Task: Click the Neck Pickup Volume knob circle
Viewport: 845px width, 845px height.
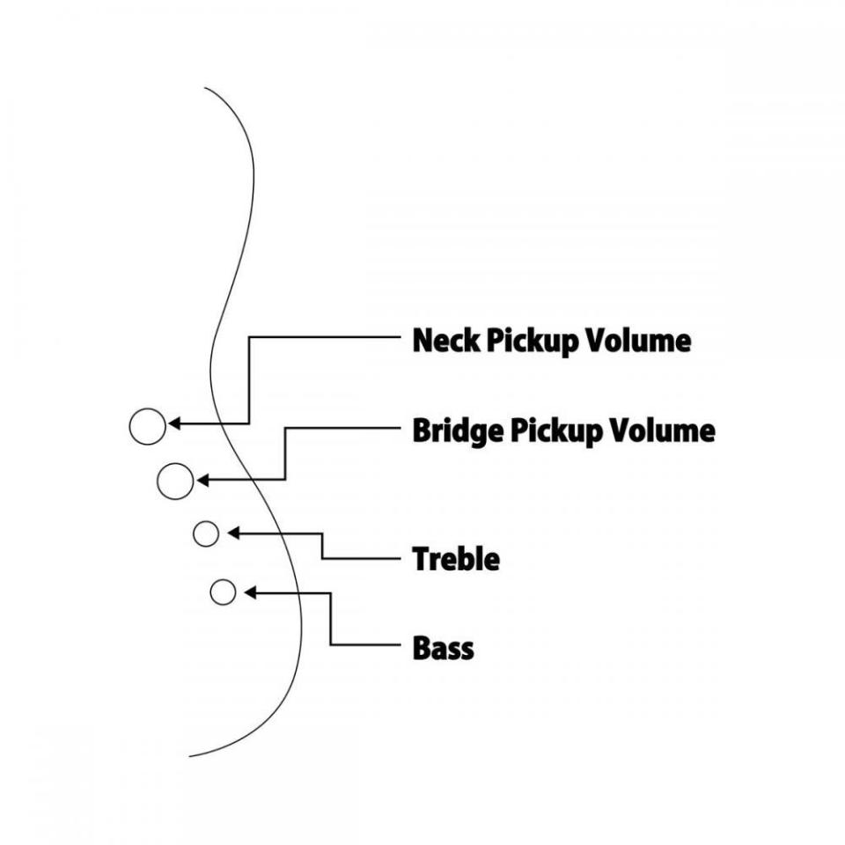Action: [147, 426]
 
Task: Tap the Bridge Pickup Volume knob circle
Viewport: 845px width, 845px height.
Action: [175, 481]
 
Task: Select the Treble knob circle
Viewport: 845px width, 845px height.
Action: [206, 533]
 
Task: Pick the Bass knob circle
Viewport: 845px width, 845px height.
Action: [224, 592]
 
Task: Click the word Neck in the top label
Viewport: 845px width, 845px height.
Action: [442, 341]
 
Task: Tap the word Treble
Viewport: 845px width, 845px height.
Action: [456, 559]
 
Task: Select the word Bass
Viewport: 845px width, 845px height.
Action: [444, 649]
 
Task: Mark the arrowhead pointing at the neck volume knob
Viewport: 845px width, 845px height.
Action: [174, 423]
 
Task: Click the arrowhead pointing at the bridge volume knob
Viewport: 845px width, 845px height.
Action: [202, 480]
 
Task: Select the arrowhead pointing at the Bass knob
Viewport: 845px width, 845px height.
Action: [250, 592]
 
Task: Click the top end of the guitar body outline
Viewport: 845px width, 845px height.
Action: [205, 88]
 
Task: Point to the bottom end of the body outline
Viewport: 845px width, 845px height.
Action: [190, 755]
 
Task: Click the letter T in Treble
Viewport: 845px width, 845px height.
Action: [422, 559]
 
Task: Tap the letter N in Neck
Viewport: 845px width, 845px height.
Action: [424, 341]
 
